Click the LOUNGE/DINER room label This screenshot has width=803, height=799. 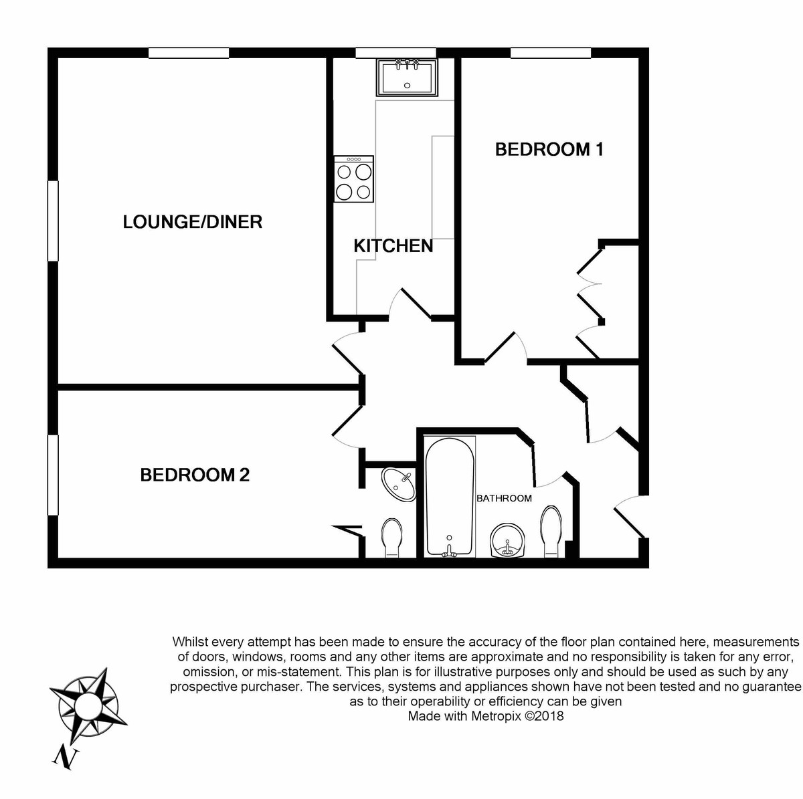tap(192, 222)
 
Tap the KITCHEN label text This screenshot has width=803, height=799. tap(393, 246)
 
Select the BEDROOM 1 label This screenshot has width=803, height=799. tap(549, 149)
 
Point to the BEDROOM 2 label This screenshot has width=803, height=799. tap(195, 475)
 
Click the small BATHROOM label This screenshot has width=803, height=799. tap(504, 498)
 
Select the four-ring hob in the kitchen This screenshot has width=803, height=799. tap(354, 180)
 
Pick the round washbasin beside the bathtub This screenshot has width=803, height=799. tap(509, 540)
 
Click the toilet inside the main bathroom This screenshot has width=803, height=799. tap(552, 532)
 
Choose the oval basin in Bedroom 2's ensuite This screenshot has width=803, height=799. tap(399, 485)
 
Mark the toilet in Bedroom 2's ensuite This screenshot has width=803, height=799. tap(390, 538)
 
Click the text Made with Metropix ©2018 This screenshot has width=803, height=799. tap(486, 717)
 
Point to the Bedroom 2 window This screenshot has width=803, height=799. tap(53, 475)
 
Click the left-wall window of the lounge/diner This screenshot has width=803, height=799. tap(53, 221)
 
